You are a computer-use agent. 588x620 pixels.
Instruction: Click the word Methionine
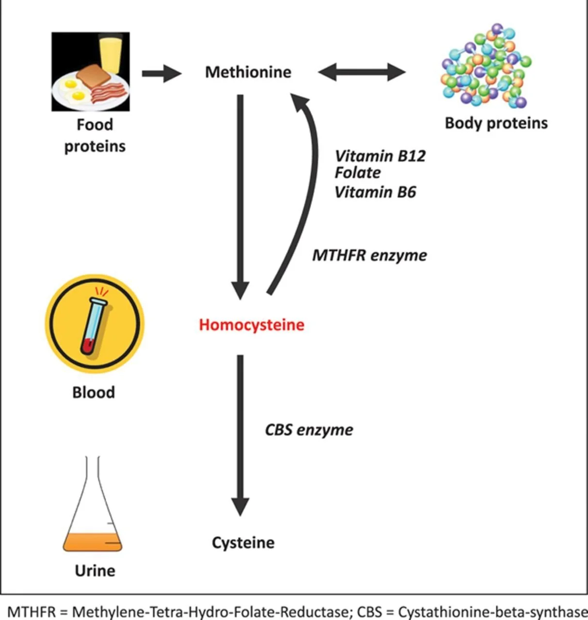click(248, 72)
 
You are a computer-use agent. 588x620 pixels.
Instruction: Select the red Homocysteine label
click(252, 325)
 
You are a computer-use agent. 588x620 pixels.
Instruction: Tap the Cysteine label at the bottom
click(243, 542)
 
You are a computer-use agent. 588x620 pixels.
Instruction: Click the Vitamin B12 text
click(380, 156)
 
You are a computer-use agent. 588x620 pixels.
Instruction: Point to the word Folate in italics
click(358, 173)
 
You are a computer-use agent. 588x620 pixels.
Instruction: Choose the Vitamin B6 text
click(375, 192)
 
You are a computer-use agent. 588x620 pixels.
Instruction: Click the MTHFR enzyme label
click(369, 255)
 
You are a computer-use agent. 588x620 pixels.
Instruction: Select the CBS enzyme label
click(309, 430)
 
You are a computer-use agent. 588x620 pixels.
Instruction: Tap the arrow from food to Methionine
click(161, 73)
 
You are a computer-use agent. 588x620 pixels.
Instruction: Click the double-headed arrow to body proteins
click(362, 73)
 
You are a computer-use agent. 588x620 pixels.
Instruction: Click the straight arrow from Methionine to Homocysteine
click(240, 194)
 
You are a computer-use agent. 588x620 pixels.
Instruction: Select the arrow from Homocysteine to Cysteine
click(240, 431)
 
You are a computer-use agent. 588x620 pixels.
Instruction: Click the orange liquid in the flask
click(92, 542)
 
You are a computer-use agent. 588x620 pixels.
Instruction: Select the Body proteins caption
click(496, 123)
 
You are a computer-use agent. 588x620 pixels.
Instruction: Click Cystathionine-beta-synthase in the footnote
click(493, 611)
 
